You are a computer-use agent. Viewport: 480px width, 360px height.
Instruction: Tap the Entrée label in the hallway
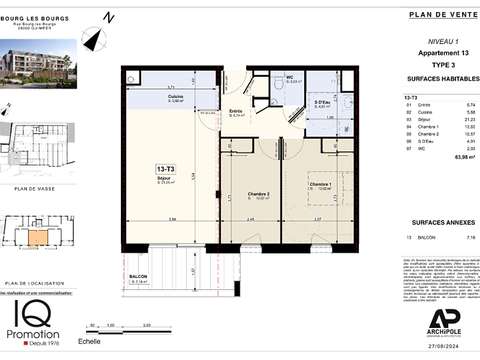coord(236,114)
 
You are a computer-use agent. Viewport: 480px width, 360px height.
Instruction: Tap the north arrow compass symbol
coord(95,38)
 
